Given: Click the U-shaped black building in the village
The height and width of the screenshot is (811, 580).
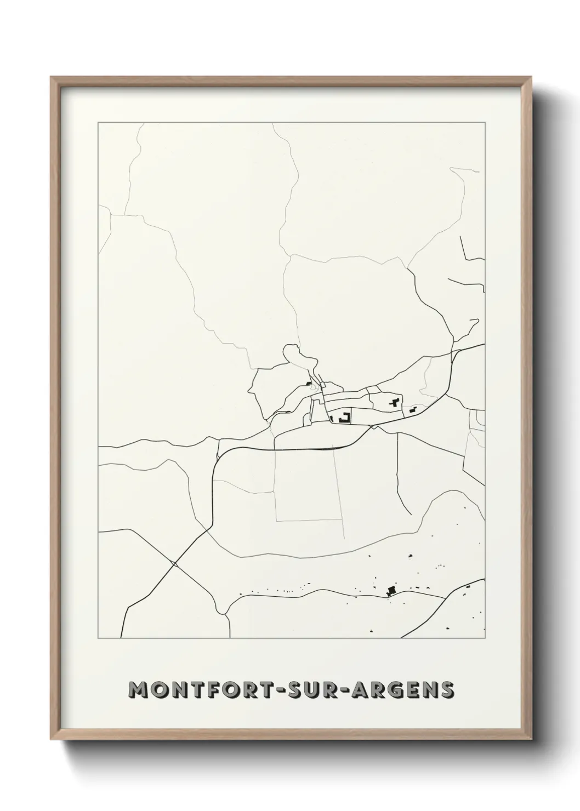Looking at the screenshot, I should (x=345, y=418).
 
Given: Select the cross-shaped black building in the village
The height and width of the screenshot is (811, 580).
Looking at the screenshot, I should (x=394, y=403).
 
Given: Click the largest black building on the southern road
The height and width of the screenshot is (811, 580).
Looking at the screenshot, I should (x=391, y=590).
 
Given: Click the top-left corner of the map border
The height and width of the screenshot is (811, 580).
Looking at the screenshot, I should (x=98, y=123).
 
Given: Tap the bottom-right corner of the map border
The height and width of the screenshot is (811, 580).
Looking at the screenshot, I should (x=485, y=638).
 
